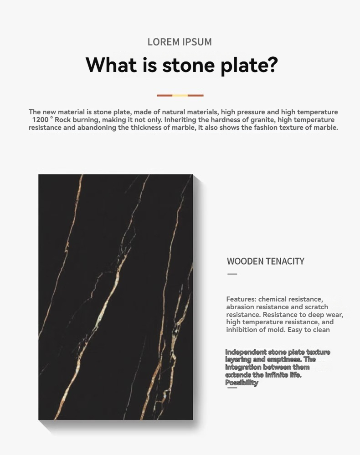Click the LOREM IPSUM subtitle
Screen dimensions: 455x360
(x=180, y=42)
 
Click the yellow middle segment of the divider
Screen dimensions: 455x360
(x=180, y=96)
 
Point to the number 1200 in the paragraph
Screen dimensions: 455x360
(x=40, y=120)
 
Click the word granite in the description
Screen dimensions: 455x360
(x=261, y=120)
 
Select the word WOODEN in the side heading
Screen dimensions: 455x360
(x=245, y=261)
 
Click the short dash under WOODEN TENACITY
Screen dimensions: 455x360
(x=232, y=274)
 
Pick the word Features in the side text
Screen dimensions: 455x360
(x=241, y=299)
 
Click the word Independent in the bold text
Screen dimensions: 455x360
(x=246, y=352)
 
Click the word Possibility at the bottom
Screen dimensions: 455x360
(x=242, y=383)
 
